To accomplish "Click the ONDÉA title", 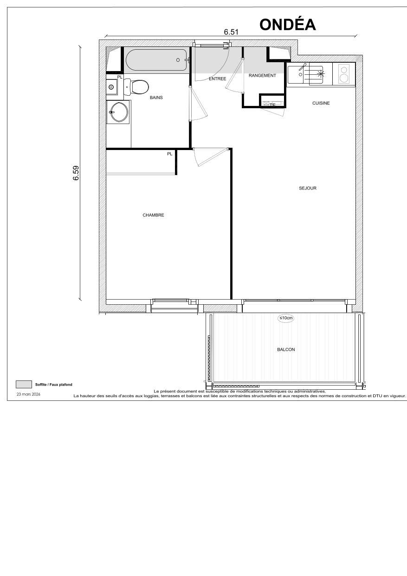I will [288, 24].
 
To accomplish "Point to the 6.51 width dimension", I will [231, 32].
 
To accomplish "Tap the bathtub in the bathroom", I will [156, 59].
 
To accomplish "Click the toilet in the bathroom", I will [138, 86].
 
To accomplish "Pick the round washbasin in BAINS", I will [119, 111].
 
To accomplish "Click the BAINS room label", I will [156, 98].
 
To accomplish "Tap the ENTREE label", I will [217, 79].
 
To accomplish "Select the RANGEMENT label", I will [262, 75].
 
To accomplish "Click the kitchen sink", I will [305, 74].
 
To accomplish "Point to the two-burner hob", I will [344, 74].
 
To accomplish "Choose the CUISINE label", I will [321, 103].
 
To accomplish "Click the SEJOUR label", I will [308, 188].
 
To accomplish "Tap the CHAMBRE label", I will [153, 215].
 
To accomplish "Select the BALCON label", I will [286, 349].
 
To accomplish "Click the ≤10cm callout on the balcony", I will [286, 318].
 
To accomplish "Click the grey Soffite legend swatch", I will [23, 384].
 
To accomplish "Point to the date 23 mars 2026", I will [28, 394].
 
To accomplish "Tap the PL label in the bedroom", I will [170, 154].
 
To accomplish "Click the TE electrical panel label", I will [272, 105].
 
